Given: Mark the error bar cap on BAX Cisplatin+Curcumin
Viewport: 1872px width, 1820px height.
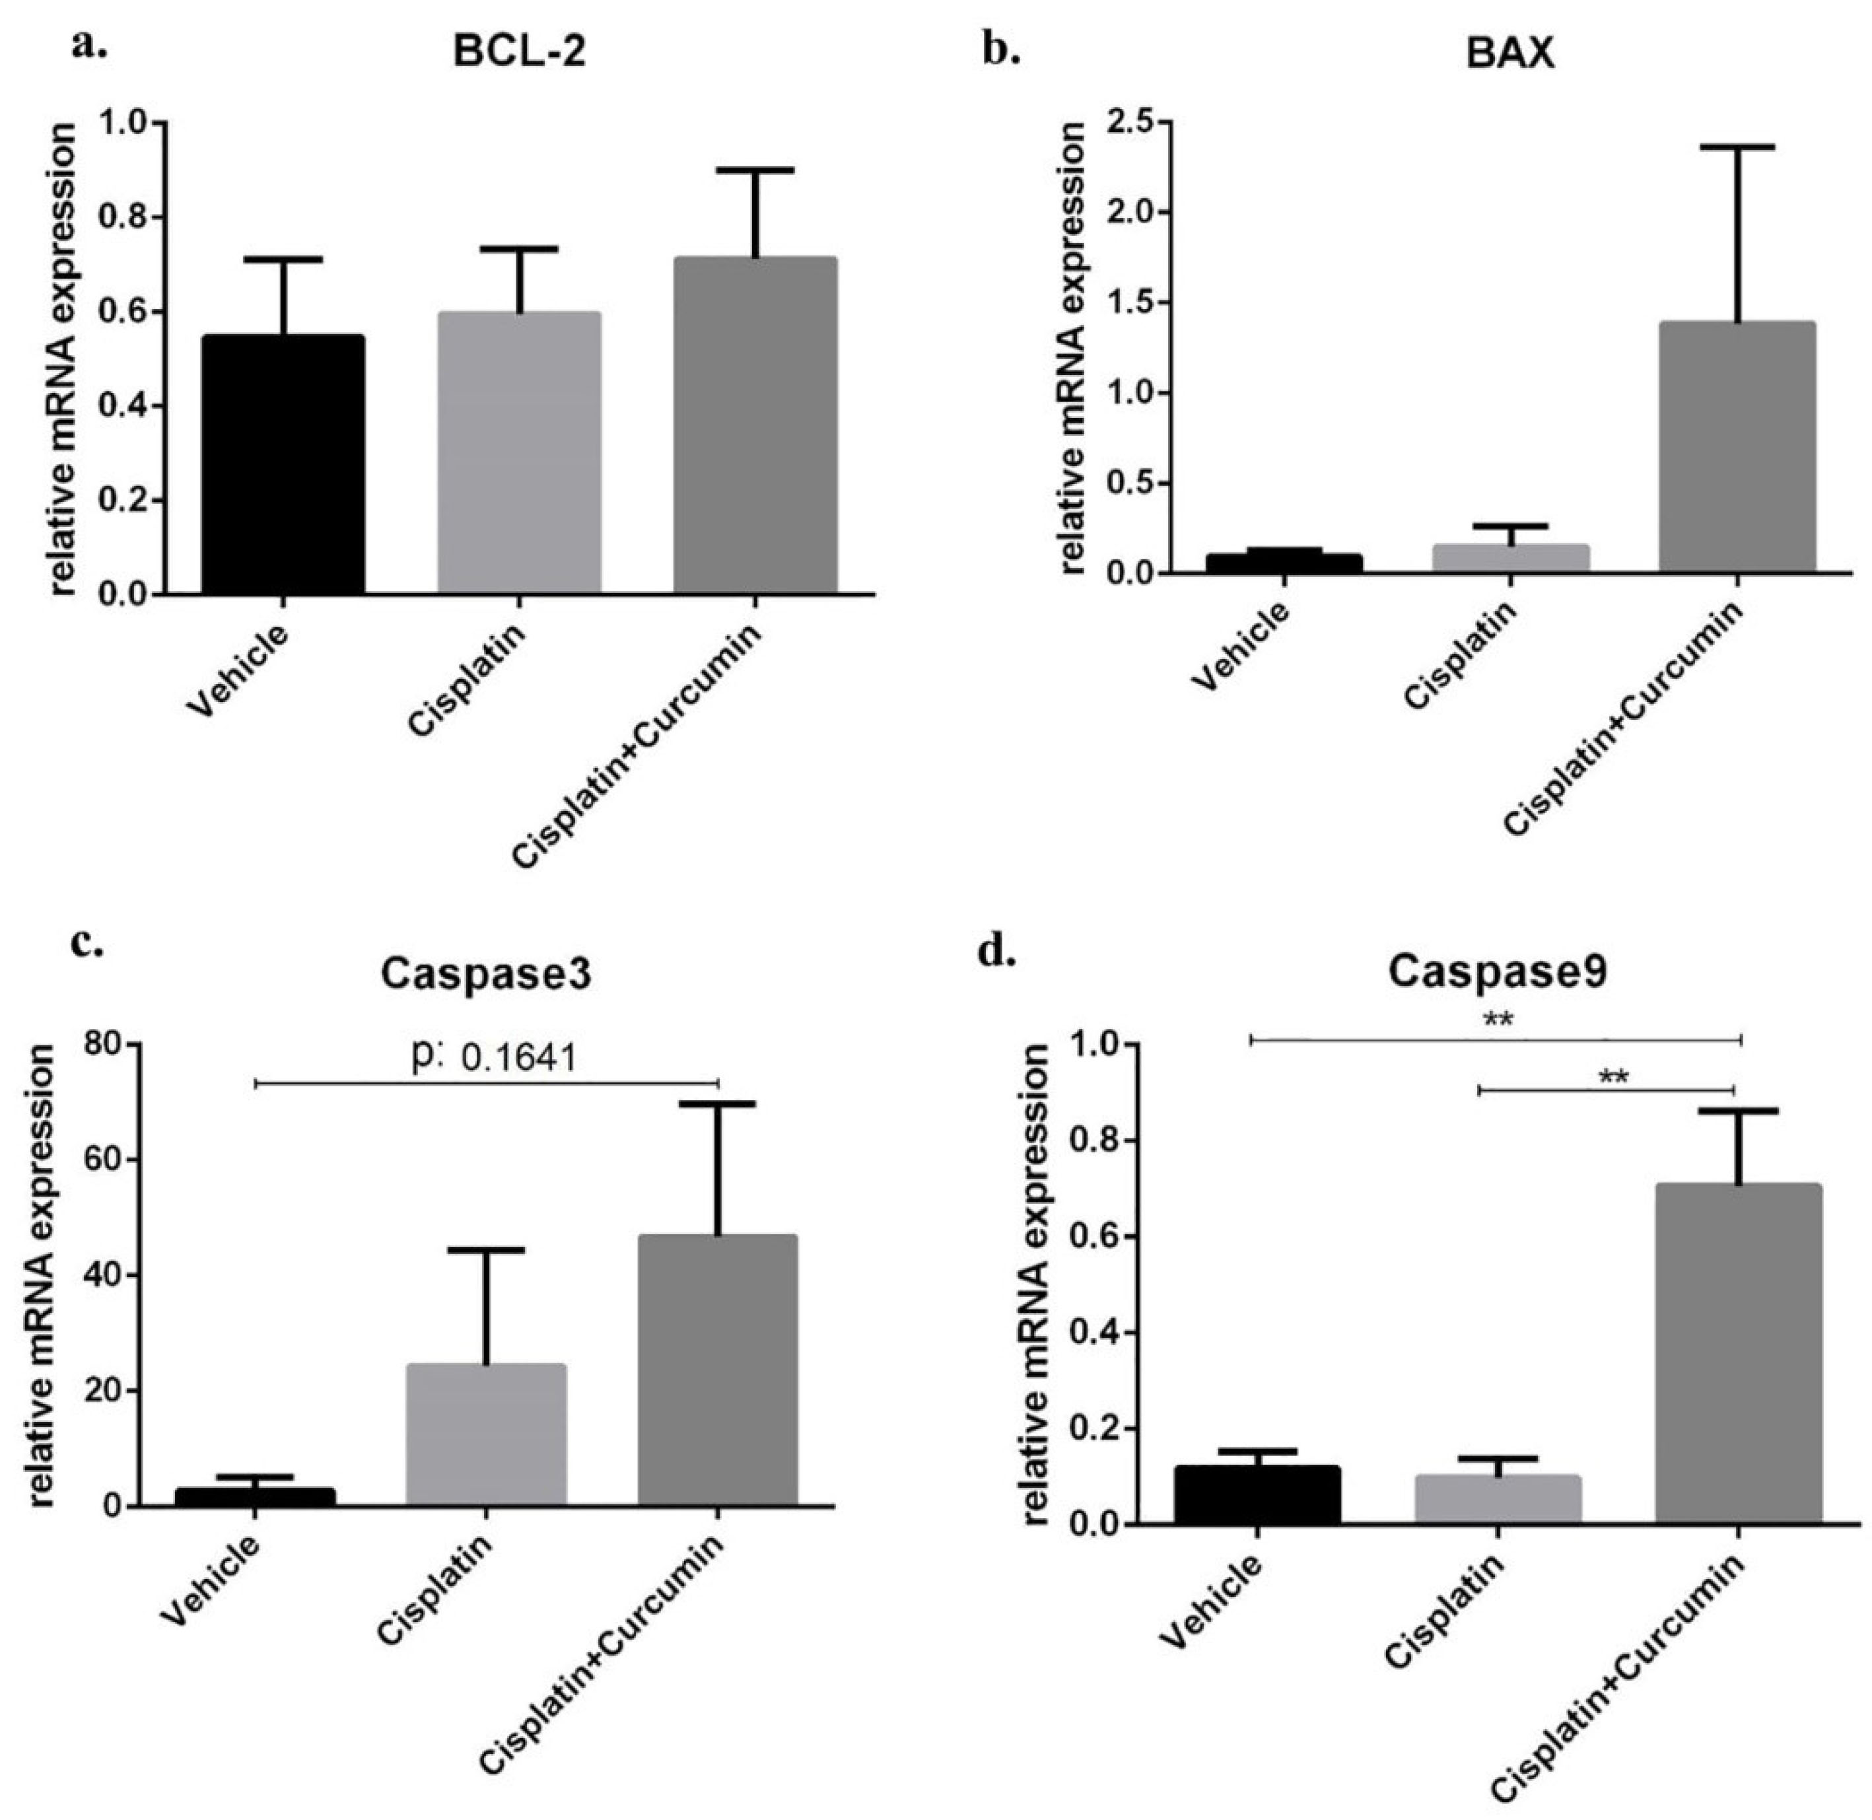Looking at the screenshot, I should click(x=1737, y=147).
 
